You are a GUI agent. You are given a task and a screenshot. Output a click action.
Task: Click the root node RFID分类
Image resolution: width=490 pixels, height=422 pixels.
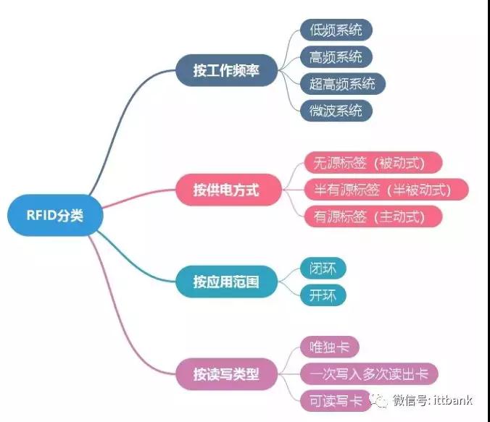click(x=55, y=215)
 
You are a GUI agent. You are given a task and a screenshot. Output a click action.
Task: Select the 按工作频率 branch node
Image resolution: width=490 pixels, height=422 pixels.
click(x=226, y=70)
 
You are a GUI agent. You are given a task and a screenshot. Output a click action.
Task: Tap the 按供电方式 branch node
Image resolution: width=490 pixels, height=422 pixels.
click(x=228, y=190)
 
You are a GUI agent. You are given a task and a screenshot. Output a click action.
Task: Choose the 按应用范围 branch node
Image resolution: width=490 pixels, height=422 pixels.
click(x=226, y=282)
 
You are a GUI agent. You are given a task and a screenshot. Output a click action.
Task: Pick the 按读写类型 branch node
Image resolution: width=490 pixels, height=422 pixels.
click(x=226, y=374)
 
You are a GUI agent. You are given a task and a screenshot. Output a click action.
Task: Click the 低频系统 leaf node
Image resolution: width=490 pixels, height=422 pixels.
click(x=336, y=30)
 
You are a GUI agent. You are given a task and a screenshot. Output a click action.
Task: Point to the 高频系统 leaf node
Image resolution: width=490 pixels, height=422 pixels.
click(x=336, y=56)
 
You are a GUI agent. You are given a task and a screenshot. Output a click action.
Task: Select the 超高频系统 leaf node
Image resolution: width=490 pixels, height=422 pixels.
click(x=343, y=84)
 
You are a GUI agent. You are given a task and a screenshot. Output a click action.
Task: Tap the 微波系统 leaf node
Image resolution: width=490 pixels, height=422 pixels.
click(x=336, y=111)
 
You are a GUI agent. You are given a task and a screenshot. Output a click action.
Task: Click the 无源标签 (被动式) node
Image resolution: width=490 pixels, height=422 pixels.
click(x=373, y=163)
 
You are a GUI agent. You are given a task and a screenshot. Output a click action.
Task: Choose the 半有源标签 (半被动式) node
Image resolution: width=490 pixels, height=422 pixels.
click(x=386, y=190)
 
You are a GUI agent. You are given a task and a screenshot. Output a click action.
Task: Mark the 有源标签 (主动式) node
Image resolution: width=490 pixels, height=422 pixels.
click(x=373, y=216)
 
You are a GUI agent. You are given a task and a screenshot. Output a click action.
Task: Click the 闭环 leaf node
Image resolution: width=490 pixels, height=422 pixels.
click(x=323, y=268)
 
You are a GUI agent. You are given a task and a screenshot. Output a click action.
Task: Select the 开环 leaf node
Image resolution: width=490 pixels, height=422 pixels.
click(x=323, y=295)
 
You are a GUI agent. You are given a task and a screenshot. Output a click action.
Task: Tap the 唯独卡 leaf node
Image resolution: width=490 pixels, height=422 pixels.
click(x=329, y=347)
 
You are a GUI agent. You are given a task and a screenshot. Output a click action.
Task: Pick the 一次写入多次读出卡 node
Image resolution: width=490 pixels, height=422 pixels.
click(x=369, y=374)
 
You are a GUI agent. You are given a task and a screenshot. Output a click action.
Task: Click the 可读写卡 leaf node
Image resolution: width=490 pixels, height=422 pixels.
click(x=336, y=400)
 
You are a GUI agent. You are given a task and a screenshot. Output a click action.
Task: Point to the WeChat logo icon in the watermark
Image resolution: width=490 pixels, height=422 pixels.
click(x=379, y=400)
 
